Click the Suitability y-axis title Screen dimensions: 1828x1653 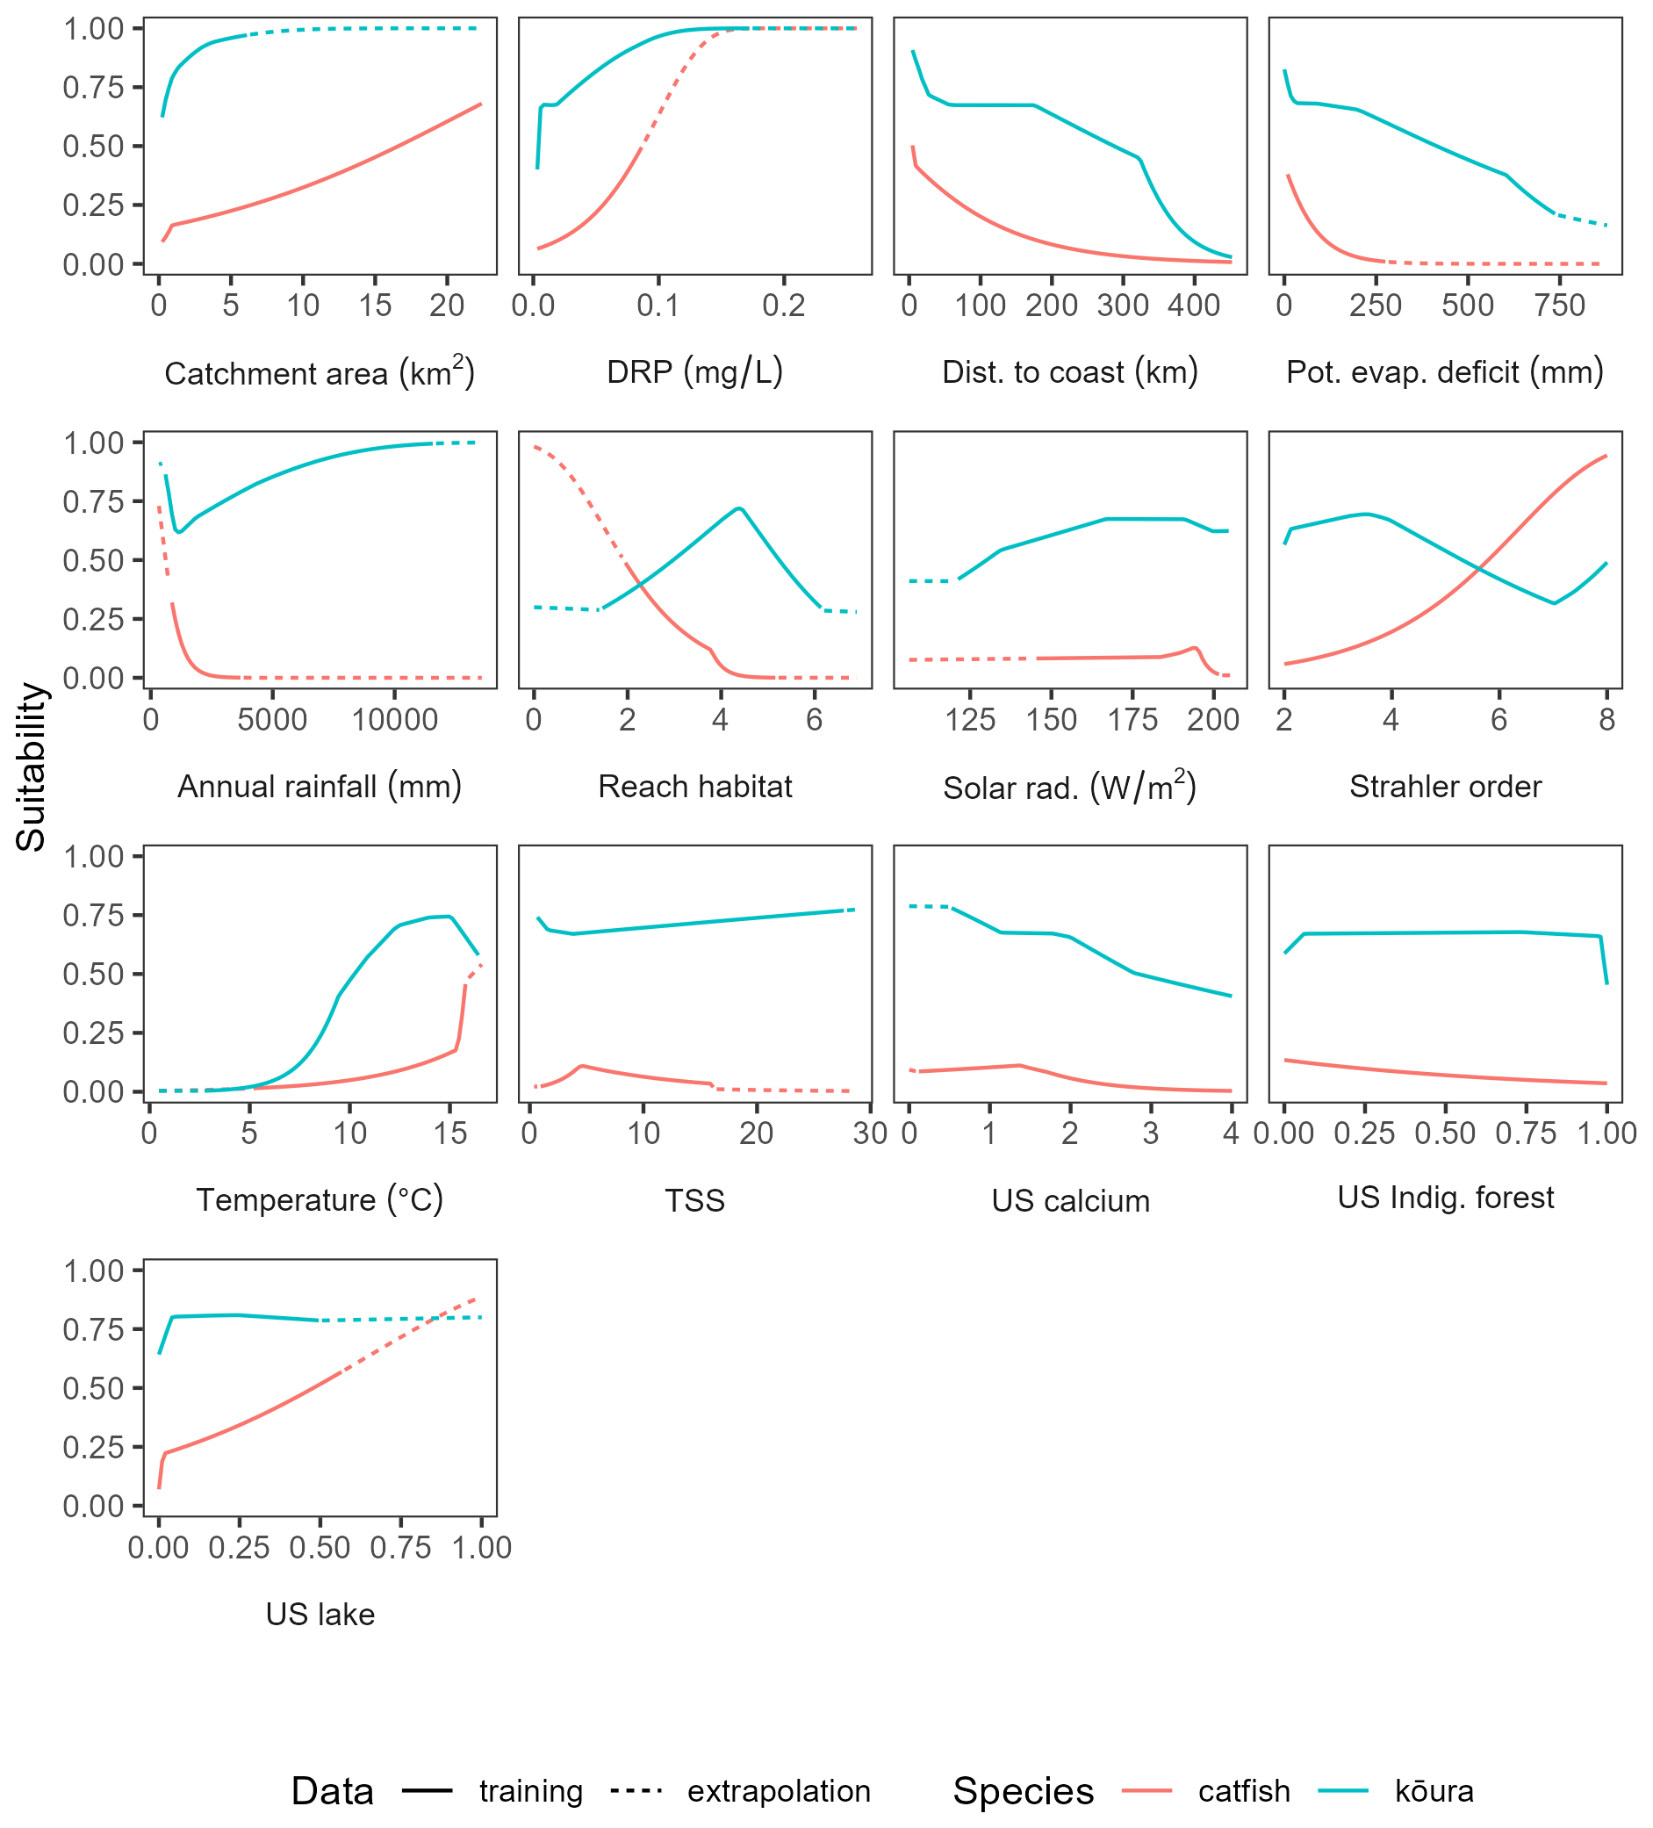[x=31, y=766]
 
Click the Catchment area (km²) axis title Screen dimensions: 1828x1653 [x=320, y=372]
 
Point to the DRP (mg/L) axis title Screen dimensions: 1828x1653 [x=694, y=371]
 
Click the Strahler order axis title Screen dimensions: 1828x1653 [x=1444, y=786]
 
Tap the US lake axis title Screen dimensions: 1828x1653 [x=320, y=1614]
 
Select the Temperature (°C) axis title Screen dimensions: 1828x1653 [x=320, y=1199]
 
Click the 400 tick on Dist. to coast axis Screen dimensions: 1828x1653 [x=1193, y=306]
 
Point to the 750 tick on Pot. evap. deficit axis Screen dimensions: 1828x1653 [x=1560, y=306]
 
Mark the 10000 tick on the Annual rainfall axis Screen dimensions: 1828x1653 [x=394, y=720]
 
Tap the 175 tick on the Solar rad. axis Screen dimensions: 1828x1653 [x=1132, y=720]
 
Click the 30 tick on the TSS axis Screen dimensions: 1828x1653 [x=870, y=1134]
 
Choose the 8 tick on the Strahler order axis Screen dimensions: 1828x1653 [x=1606, y=720]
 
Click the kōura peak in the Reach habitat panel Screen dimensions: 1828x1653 [x=740, y=507]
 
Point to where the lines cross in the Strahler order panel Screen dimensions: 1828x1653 [x=1479, y=569]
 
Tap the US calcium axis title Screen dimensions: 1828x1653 [x=1070, y=1200]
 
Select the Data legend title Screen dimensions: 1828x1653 [x=332, y=1791]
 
